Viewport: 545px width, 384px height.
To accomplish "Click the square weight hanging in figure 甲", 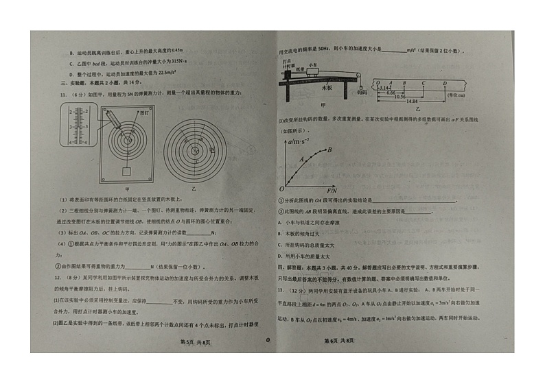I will coord(126,171).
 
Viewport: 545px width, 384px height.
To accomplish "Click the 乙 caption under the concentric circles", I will coord(194,188).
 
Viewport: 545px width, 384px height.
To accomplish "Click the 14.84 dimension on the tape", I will coord(410,101).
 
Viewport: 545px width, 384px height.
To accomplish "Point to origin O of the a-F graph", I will coord(281,188).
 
